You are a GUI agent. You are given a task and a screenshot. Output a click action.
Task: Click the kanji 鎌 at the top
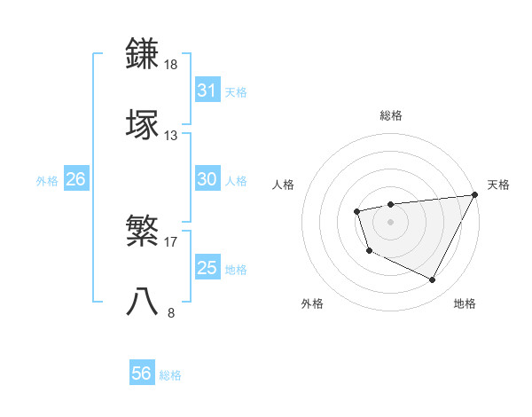point(144,53)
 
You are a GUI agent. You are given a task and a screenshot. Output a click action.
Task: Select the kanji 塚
point(144,123)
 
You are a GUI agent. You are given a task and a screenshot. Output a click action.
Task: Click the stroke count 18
point(171,65)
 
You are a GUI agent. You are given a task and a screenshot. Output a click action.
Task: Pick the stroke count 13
point(171,135)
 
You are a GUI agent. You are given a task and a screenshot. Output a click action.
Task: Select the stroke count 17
point(171,240)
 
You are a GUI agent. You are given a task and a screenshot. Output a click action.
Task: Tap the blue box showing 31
point(207,90)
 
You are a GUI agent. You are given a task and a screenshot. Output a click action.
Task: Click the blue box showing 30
point(207,179)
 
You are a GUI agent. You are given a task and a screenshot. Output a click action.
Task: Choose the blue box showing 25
point(207,268)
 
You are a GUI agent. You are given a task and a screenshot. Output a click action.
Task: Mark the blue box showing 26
point(75,179)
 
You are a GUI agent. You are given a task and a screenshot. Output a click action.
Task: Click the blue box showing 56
point(141,374)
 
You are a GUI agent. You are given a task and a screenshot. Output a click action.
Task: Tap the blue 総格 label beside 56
point(171,375)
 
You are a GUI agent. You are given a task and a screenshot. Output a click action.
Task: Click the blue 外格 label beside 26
point(47,181)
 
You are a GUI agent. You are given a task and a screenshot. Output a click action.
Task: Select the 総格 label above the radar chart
point(391,115)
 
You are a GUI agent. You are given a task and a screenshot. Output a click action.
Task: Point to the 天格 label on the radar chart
point(498,185)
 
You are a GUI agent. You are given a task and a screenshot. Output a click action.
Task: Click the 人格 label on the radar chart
point(284,185)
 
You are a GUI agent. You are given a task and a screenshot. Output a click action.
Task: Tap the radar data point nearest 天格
point(475,195)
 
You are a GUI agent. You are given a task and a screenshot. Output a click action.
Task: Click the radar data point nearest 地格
point(433,280)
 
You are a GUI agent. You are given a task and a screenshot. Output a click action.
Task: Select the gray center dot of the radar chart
point(390,221)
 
